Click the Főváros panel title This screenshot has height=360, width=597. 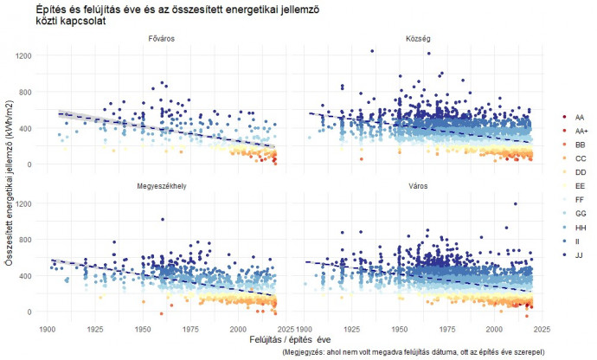click(x=161, y=39)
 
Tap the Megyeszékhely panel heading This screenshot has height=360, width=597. click(x=161, y=187)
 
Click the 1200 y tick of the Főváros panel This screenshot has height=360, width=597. click(x=22, y=55)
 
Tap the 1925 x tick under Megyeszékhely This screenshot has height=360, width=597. click(x=95, y=329)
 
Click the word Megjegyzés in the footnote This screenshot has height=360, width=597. click(x=309, y=353)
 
